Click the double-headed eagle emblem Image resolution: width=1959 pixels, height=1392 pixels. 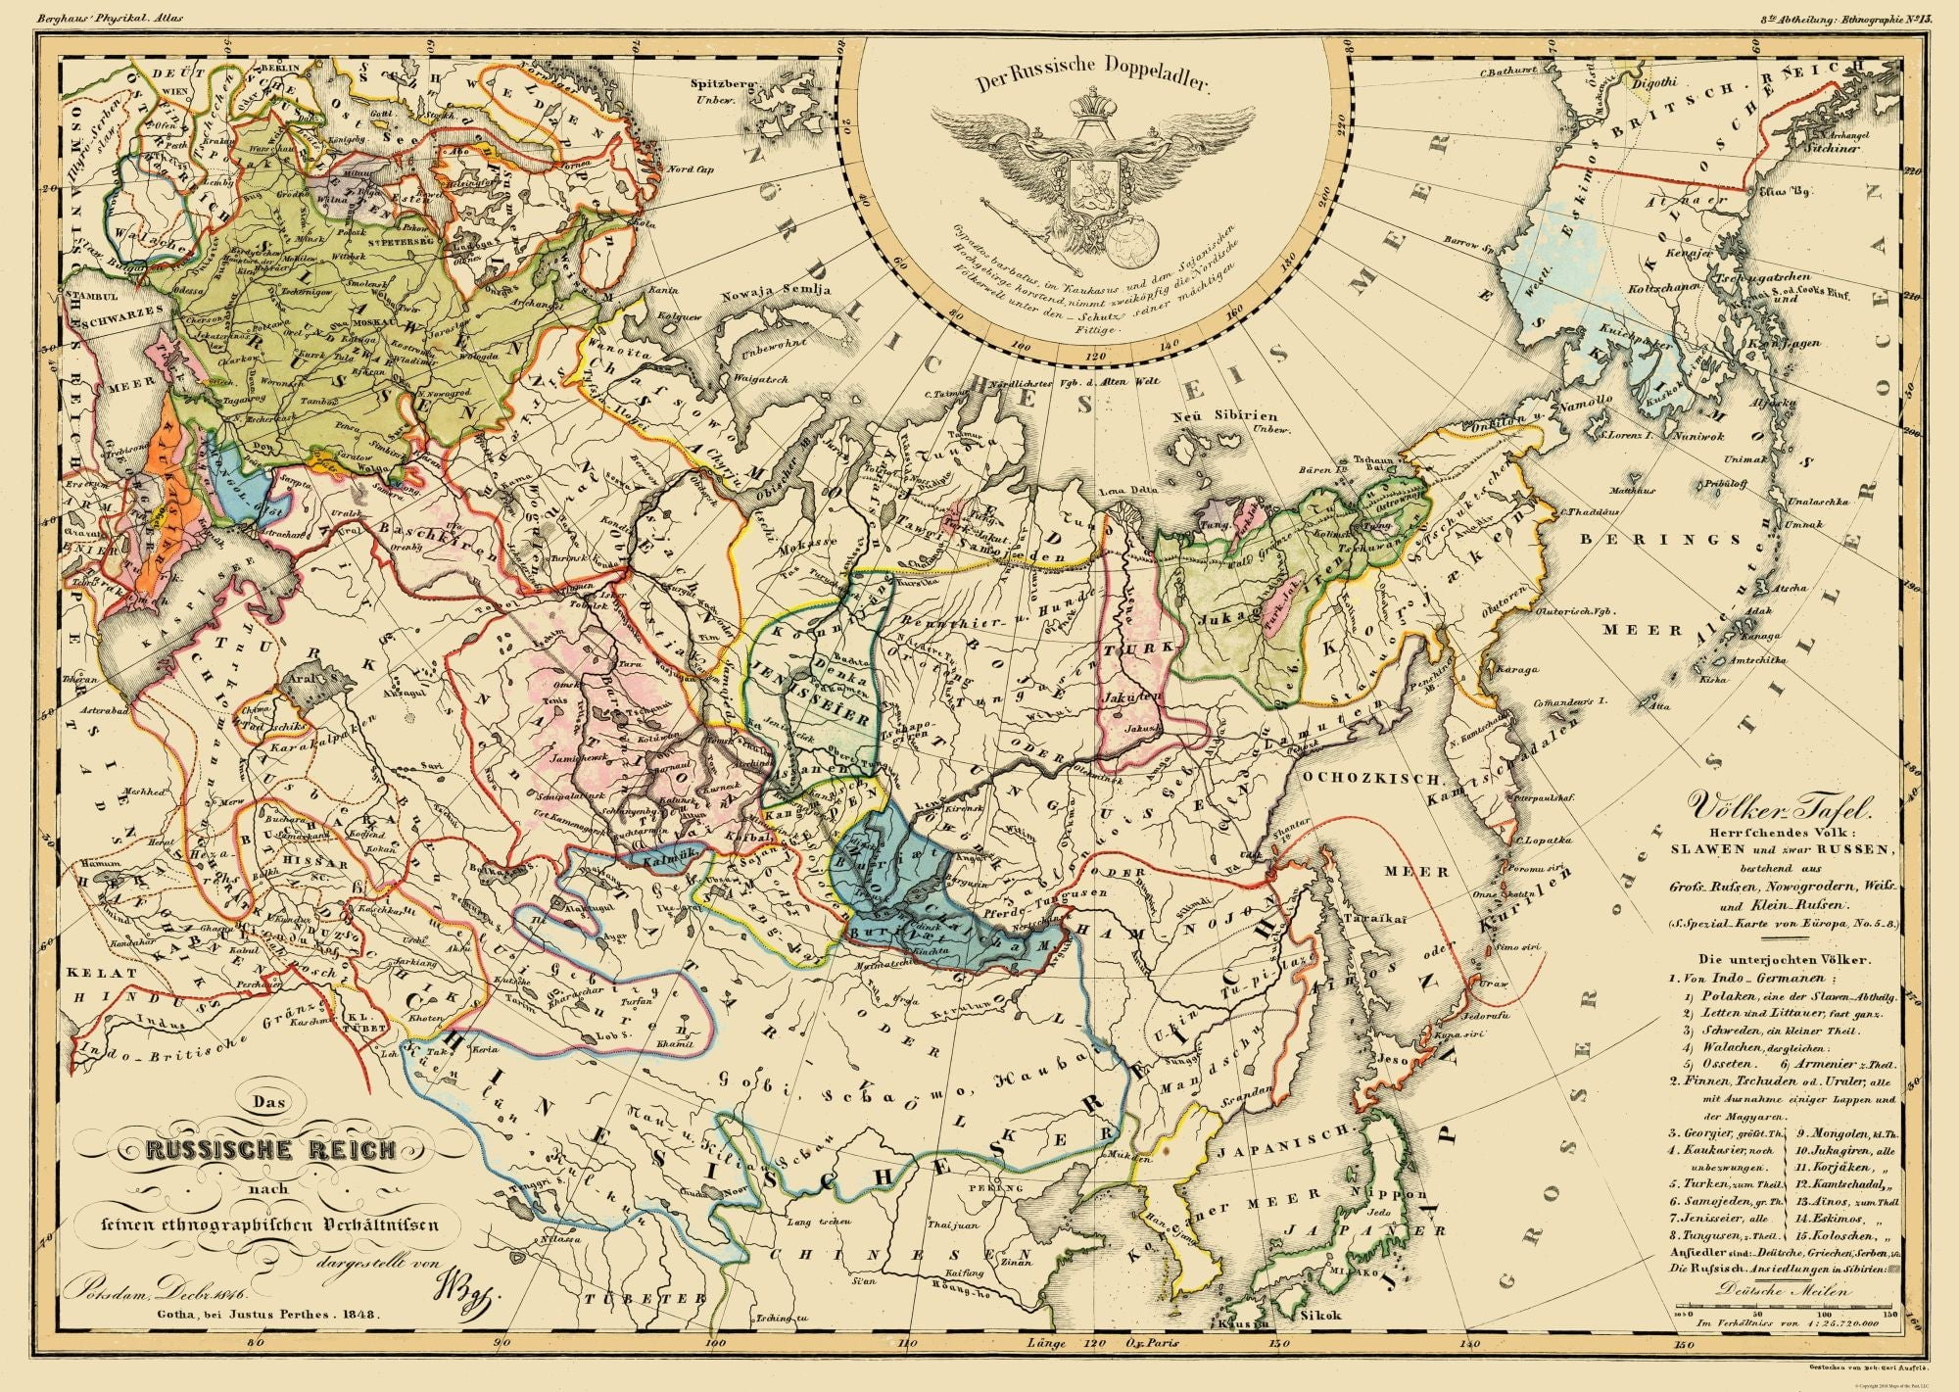(1092, 181)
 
